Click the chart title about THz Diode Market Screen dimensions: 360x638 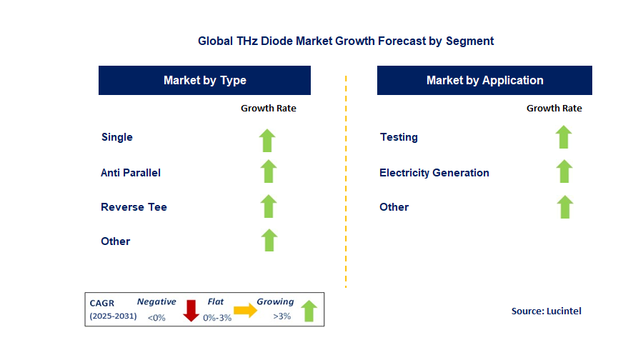coord(346,41)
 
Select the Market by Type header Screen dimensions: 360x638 coord(204,81)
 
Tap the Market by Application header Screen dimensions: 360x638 coord(484,81)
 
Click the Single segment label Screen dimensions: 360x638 coord(117,137)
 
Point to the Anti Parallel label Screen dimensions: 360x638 coord(131,173)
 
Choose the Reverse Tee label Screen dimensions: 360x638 coord(134,207)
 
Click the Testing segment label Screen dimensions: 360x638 coord(399,137)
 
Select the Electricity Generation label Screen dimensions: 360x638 coord(434,173)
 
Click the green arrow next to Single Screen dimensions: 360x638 coord(268,140)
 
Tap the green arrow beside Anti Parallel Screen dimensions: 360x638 coord(268,171)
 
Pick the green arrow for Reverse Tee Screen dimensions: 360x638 coord(268,206)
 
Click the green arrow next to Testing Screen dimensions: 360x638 coord(564,136)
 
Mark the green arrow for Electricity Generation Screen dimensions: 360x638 coord(564,171)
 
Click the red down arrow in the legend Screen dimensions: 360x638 coord(191,311)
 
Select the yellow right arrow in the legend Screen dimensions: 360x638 coord(245,310)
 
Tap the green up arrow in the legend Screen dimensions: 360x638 coord(309,311)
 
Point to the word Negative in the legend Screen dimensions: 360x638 coord(156,302)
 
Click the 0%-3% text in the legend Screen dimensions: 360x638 coord(217,317)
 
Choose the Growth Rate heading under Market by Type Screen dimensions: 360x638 coord(268,109)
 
